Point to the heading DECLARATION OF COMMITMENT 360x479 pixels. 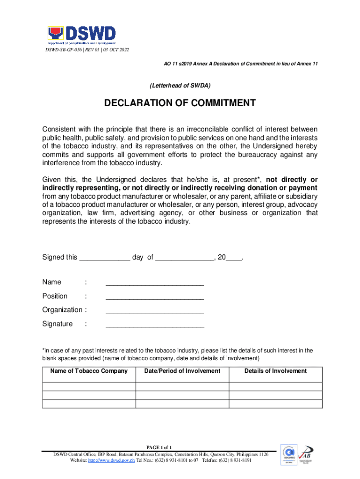180,103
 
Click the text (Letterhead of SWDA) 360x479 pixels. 180,86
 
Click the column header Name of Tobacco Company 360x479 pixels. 89,371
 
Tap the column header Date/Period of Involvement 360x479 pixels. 182,371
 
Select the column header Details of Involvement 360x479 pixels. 275,371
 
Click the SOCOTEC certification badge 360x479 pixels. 288,454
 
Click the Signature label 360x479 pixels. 58,324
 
